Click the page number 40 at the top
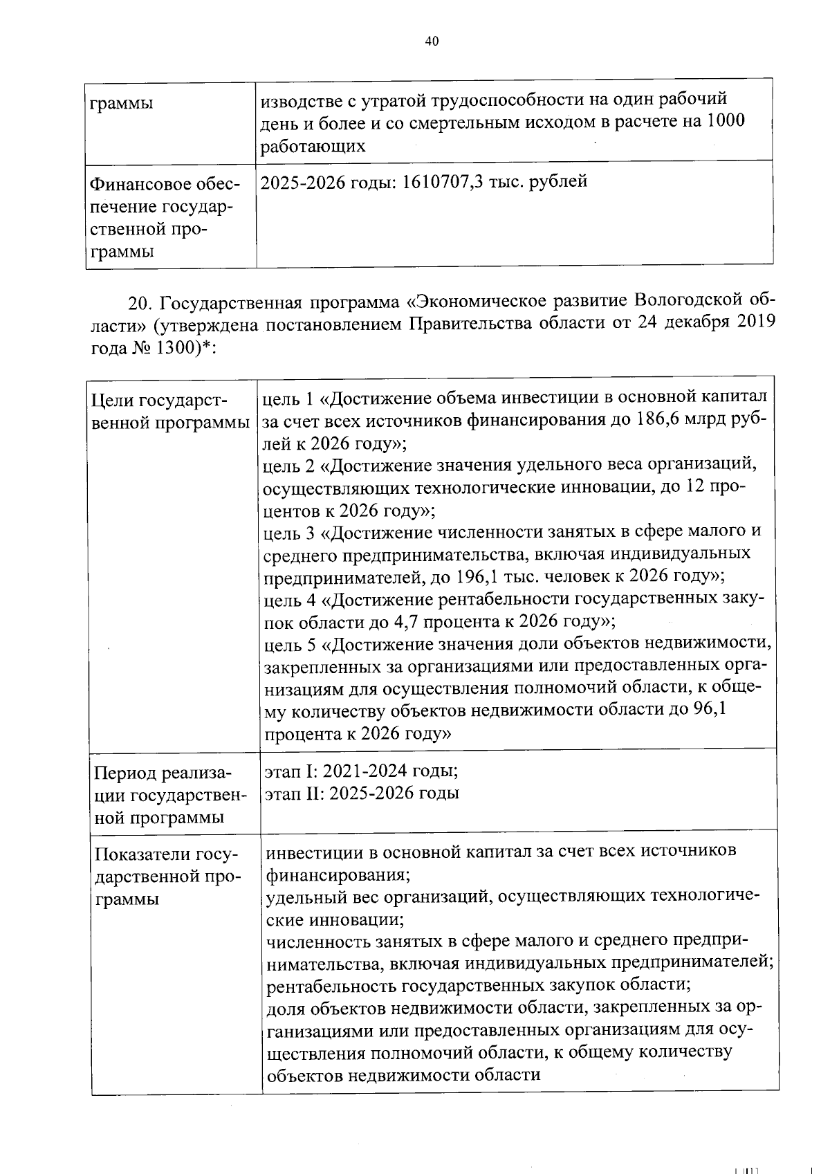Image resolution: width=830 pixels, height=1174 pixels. (432, 41)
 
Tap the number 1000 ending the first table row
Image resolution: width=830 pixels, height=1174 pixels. (726, 122)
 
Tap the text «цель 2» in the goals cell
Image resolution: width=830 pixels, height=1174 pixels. (288, 466)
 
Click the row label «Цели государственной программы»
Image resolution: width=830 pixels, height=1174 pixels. (169, 411)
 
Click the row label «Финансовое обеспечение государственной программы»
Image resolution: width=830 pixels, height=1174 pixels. (163, 218)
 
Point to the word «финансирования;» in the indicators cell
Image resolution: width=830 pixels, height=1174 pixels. (338, 874)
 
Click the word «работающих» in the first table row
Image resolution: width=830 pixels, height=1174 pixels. (312, 146)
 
